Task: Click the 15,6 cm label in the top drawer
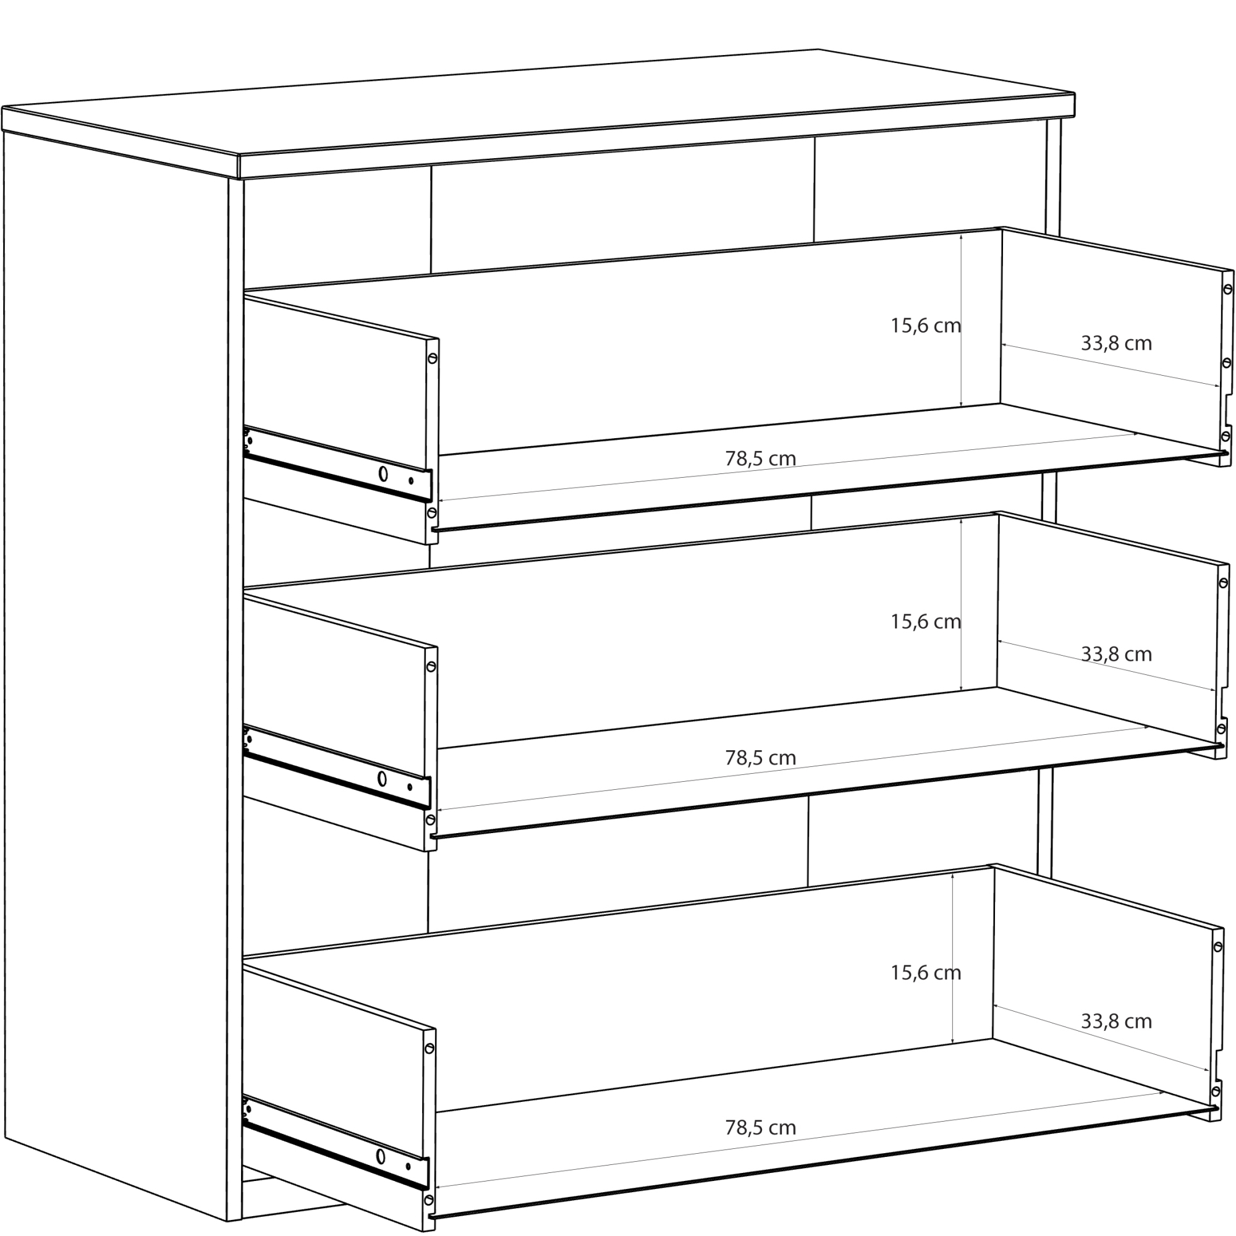(926, 326)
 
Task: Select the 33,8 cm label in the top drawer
(1116, 343)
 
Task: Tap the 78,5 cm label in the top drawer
(761, 458)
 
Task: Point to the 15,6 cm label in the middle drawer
(926, 621)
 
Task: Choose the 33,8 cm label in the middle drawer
(1116, 654)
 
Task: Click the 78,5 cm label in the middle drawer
(761, 758)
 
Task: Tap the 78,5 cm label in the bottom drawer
(761, 1127)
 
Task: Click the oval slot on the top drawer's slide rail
(383, 473)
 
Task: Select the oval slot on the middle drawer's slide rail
(382, 779)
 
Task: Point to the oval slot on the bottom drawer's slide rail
(381, 1157)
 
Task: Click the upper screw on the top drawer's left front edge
(433, 358)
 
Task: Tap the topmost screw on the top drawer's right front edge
(1228, 289)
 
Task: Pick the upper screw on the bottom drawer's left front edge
(430, 1049)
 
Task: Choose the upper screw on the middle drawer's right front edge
(1223, 583)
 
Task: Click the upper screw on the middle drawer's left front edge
(431, 667)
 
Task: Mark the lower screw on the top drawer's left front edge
(432, 512)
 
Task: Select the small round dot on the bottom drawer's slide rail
(407, 1166)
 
